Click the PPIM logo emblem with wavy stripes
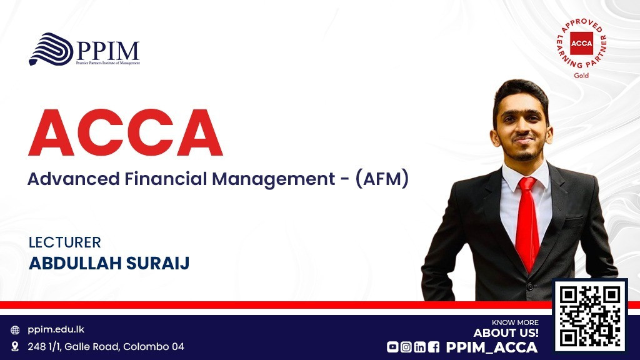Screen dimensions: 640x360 [51, 49]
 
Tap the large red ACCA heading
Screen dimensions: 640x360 [125, 132]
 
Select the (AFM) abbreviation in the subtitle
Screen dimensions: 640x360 [382, 179]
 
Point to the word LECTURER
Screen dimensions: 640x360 [64, 242]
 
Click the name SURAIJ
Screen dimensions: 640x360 [157, 263]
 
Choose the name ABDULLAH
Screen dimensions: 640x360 [75, 263]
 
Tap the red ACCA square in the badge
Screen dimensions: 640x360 [581, 43]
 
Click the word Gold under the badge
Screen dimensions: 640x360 [581, 76]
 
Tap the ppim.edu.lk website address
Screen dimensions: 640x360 [56, 329]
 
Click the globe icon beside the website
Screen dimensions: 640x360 [15, 330]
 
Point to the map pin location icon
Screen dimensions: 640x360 [15, 346]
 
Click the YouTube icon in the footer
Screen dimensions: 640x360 [392, 347]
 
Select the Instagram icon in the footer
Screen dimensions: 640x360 [406, 347]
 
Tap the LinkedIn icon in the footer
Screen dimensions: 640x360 [420, 347]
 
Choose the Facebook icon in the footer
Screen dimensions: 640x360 [434, 347]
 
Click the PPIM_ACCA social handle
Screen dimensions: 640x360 [492, 347]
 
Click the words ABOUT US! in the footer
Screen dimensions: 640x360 [506, 333]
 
